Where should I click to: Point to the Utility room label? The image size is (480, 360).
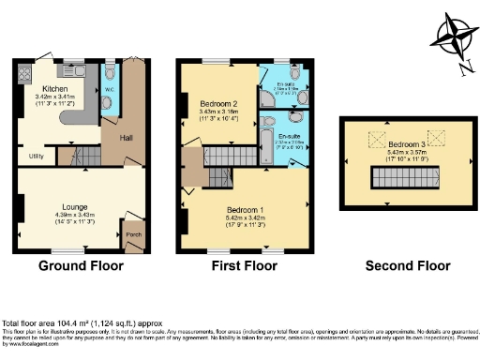click(37, 155)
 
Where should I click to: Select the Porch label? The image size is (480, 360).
click(133, 233)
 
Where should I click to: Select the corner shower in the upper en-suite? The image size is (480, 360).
click(293, 73)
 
